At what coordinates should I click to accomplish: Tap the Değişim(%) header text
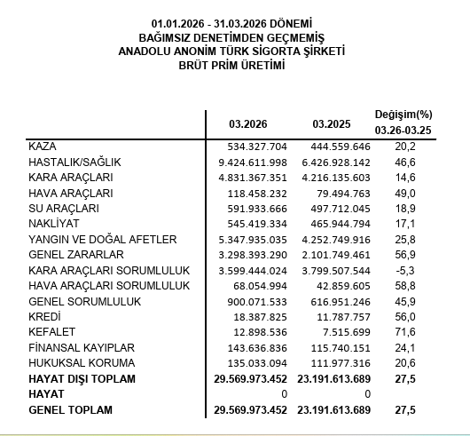point(403,115)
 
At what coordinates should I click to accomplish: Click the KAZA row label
point(43,145)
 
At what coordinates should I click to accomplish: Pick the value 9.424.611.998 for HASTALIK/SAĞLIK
point(251,163)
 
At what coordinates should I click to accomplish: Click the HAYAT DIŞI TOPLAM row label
point(82,379)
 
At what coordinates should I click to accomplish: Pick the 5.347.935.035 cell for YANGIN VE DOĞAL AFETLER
point(251,239)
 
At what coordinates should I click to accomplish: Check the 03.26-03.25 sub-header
point(403,131)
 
